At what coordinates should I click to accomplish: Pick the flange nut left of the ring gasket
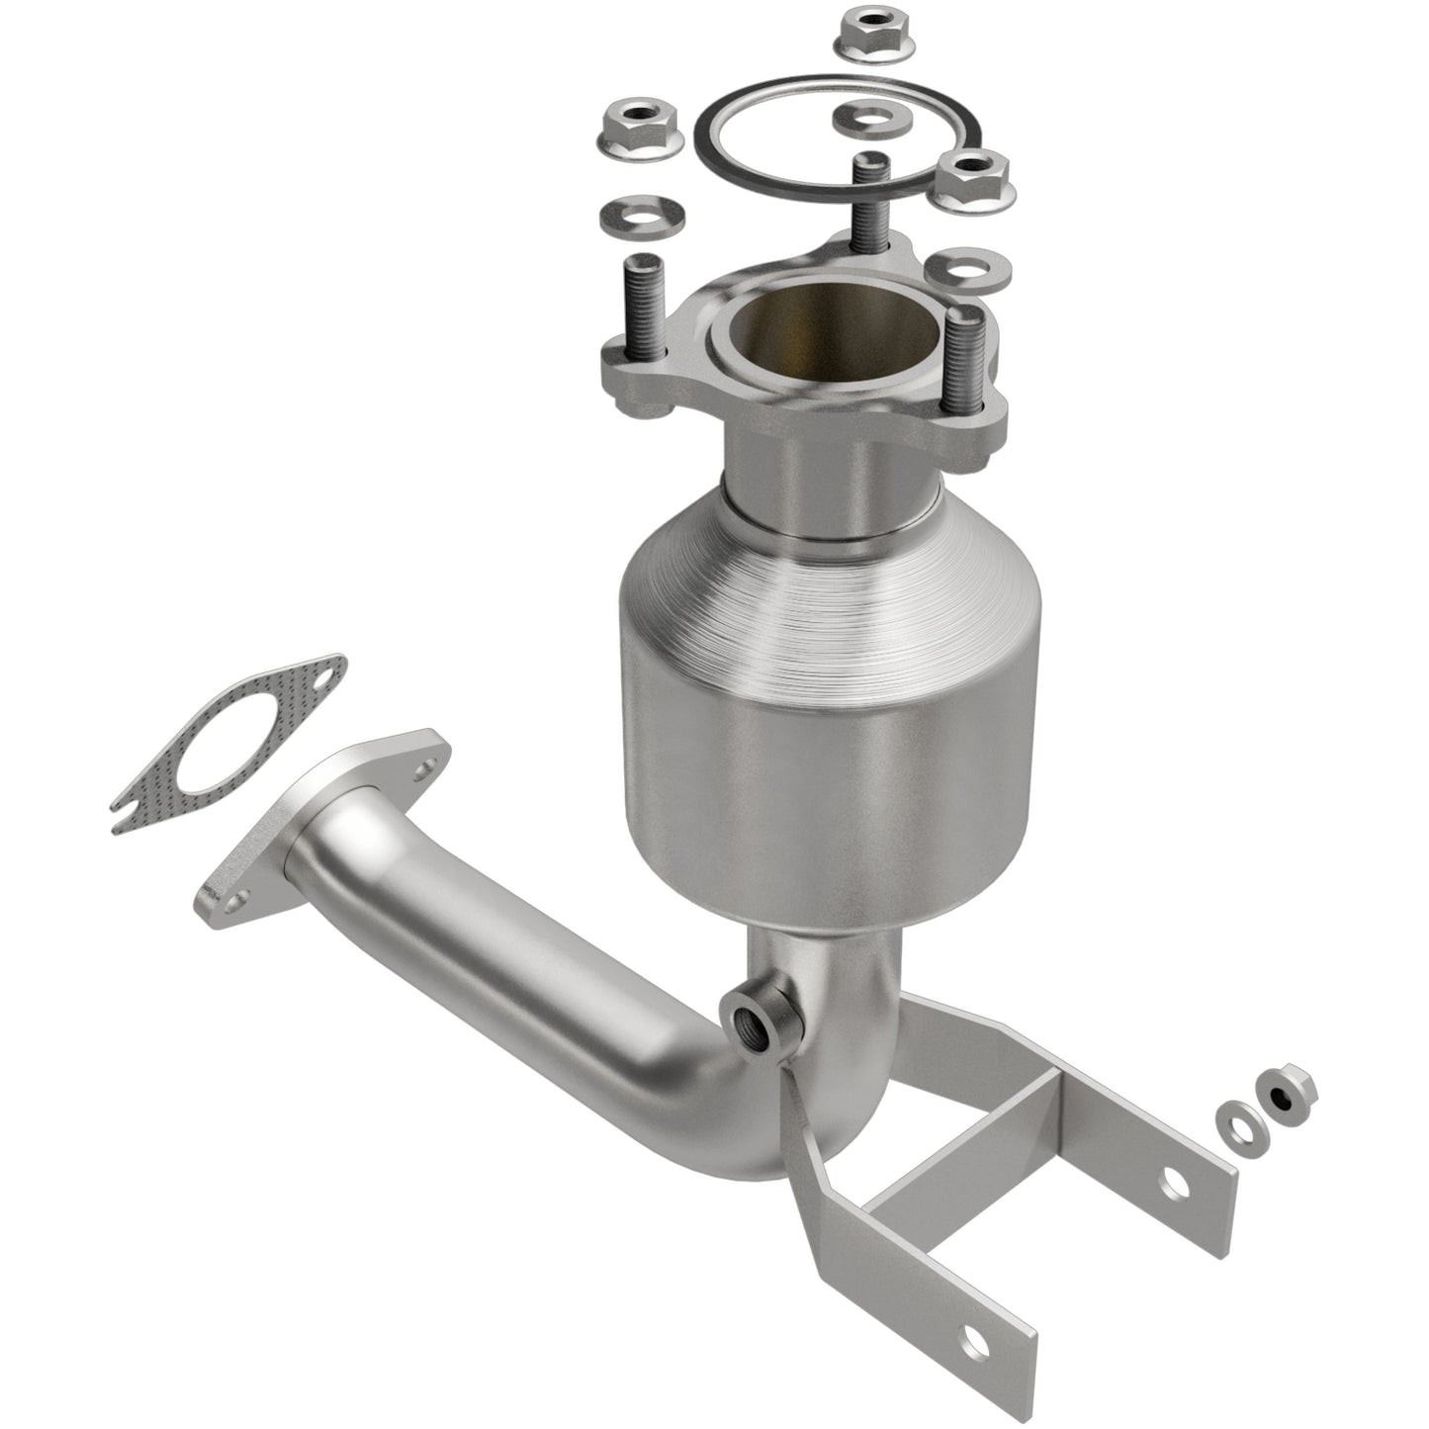click(640, 130)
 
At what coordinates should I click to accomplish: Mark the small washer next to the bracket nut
click(1236, 1117)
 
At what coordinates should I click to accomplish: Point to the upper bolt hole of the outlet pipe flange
click(423, 764)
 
